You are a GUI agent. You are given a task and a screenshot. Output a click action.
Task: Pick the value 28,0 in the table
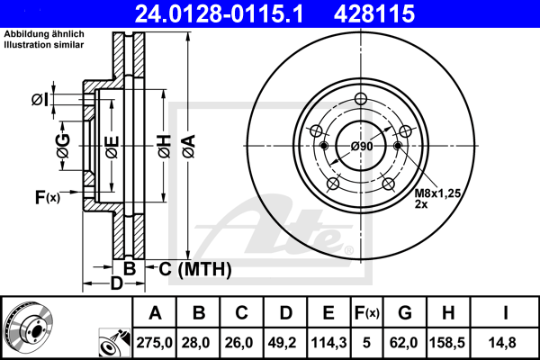point(200,342)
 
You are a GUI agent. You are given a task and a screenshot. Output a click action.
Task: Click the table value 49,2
point(285,342)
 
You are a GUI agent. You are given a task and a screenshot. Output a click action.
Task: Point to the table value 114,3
point(328,342)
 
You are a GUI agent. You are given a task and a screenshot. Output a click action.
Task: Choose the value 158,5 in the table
point(447,342)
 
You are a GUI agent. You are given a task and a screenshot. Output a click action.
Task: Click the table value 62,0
point(404,342)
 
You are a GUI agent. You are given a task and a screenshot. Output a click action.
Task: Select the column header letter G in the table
point(404,313)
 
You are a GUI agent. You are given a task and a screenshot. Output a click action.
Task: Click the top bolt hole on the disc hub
point(362,100)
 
